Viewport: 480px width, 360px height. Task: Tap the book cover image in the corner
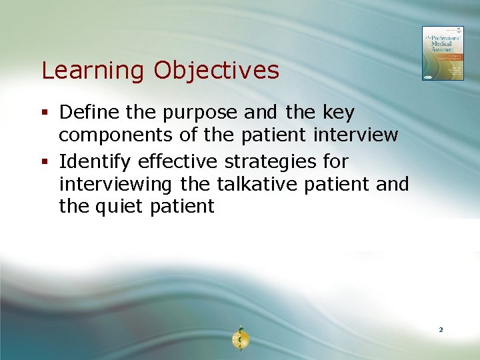[442, 53]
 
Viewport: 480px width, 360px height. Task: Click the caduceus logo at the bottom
[240, 339]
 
